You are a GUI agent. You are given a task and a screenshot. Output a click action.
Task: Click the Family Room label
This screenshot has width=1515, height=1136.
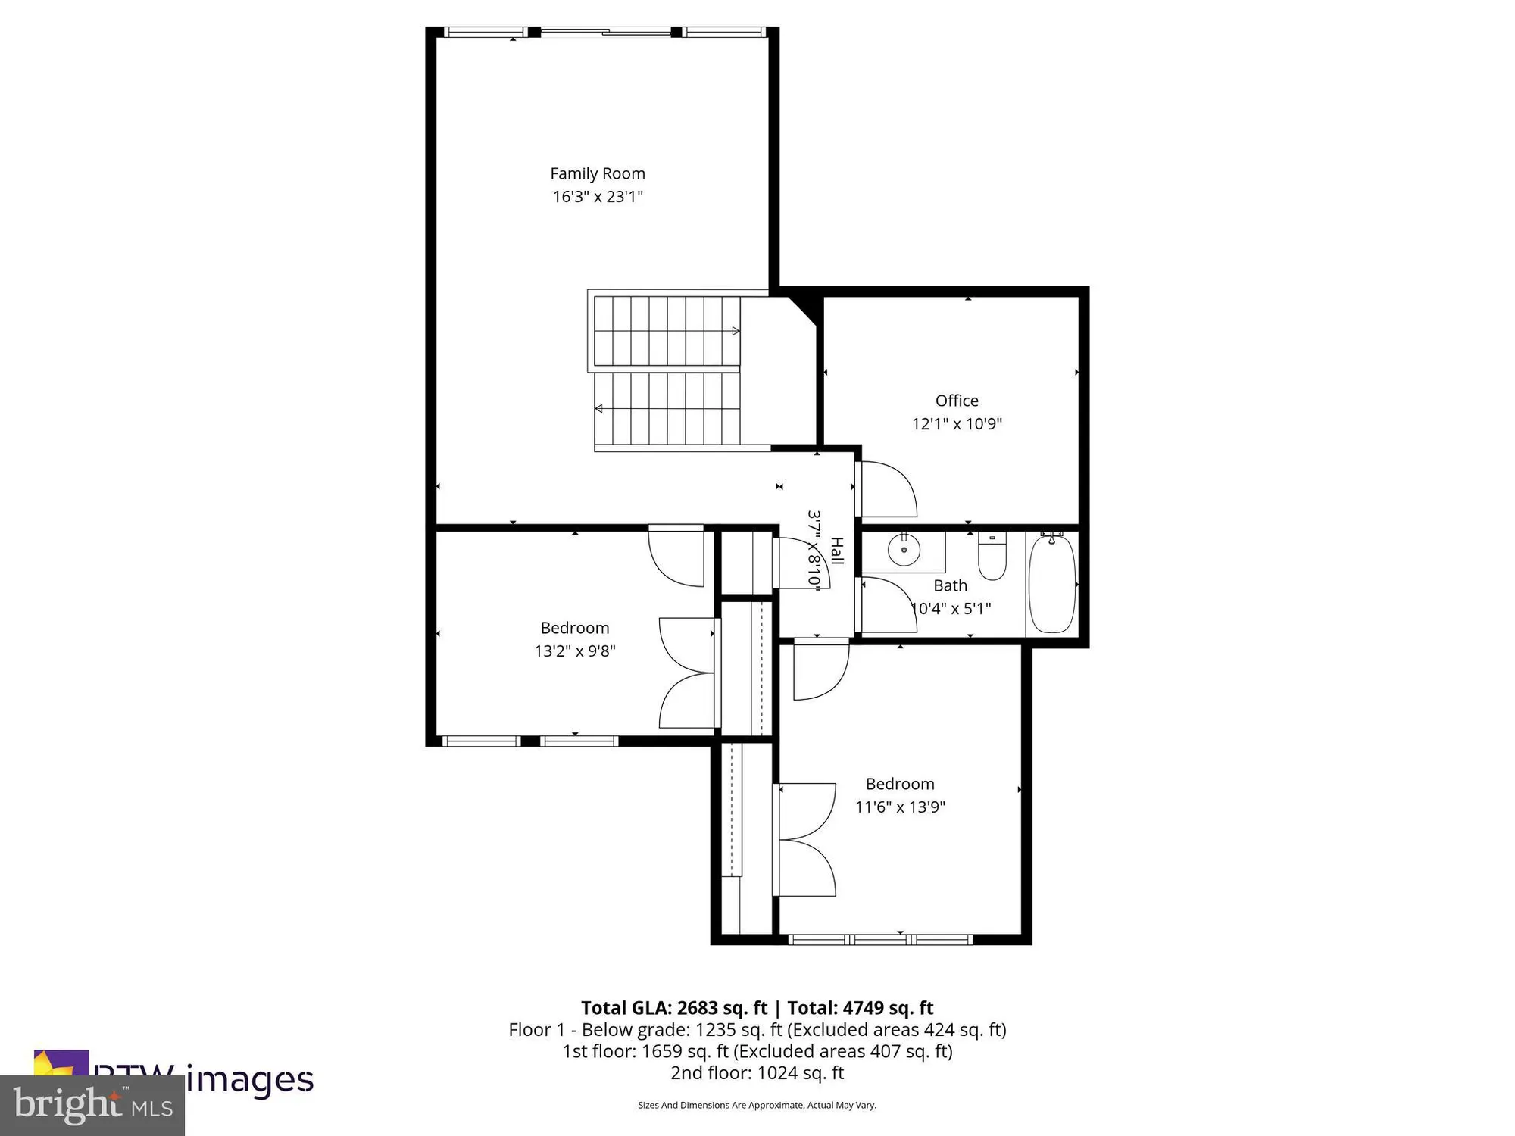(598, 173)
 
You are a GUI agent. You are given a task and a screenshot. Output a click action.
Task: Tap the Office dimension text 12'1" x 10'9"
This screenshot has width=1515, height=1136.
(957, 423)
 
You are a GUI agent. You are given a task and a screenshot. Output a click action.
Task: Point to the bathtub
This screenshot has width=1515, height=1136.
(1051, 583)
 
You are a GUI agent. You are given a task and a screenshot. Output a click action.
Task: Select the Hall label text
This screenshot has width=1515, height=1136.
(836, 551)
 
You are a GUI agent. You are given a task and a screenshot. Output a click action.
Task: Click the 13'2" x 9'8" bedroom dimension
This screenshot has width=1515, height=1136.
(575, 651)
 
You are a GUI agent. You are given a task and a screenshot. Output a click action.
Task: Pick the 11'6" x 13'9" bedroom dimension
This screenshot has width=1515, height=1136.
(900, 807)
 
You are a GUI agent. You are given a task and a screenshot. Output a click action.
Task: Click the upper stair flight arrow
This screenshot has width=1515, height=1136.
(735, 331)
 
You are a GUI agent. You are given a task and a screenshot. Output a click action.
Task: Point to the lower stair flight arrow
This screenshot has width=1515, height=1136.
(599, 409)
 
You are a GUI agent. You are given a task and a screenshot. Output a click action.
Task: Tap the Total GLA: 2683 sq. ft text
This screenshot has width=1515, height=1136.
(674, 1008)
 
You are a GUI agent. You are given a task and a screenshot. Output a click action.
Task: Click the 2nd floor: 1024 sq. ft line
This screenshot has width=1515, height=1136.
(757, 1072)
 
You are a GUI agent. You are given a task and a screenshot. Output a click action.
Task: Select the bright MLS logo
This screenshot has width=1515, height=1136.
(92, 1105)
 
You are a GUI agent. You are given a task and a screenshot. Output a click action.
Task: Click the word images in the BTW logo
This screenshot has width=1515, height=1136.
(250, 1078)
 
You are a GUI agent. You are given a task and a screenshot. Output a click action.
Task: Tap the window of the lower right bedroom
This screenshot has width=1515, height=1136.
(880, 940)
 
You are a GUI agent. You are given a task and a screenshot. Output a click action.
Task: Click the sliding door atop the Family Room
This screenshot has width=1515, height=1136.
(606, 32)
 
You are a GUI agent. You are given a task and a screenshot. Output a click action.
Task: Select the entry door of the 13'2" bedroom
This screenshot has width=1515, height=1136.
(676, 557)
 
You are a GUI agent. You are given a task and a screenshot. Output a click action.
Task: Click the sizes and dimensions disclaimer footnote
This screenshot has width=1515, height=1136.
(757, 1105)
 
